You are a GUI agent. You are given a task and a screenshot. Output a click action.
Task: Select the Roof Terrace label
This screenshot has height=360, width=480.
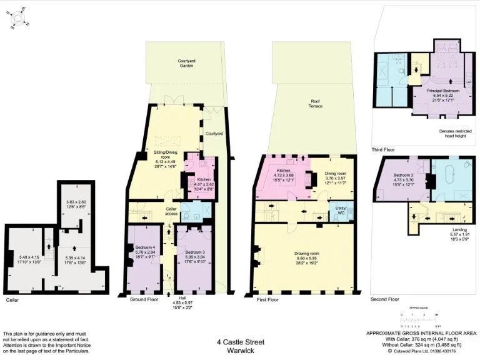[x=316, y=104]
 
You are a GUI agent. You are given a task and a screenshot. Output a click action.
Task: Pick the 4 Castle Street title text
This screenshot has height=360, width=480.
[x=241, y=342]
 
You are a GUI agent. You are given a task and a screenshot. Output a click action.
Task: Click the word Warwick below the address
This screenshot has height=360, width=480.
[x=241, y=351]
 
